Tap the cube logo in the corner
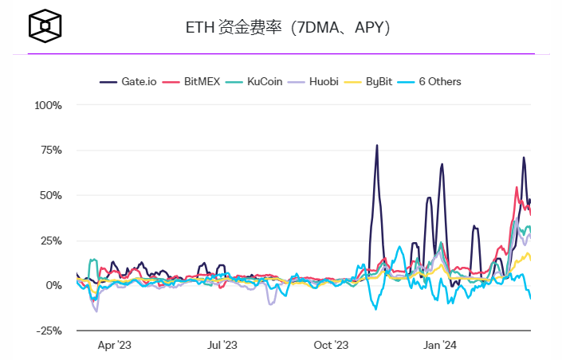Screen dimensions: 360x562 45,25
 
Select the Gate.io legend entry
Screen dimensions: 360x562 128,81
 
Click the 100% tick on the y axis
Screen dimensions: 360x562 49,105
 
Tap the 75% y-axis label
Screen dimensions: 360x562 51,151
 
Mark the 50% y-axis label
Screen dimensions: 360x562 51,195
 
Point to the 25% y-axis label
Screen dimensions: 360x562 51,241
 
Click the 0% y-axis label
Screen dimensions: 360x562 54,285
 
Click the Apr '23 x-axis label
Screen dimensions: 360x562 114,346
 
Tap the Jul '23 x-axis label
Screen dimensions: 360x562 222,346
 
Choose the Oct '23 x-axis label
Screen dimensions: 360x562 331,346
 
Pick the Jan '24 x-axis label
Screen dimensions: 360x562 439,346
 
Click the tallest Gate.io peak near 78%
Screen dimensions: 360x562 377,146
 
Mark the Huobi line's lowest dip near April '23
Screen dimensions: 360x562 96,311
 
